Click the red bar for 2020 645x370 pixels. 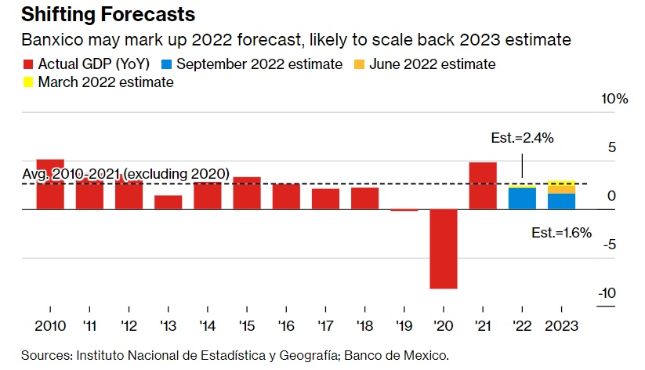(444, 248)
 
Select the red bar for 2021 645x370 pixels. (483, 186)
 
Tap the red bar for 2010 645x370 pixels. (50, 185)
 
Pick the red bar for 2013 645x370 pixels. (168, 202)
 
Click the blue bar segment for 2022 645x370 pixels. (522, 198)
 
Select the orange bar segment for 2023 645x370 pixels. (561, 187)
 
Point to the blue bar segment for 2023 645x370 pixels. (561, 201)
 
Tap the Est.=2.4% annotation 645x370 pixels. (522, 138)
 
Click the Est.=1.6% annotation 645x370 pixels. (561, 232)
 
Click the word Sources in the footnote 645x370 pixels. (45, 355)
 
